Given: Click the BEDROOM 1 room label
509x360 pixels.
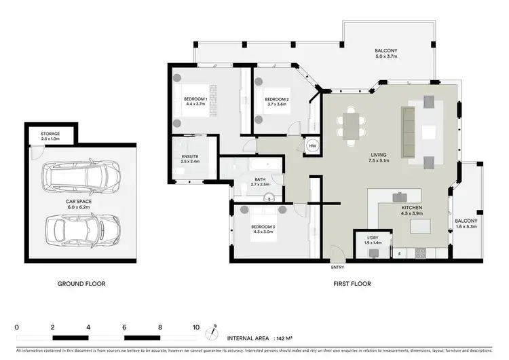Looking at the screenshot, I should [x=195, y=100].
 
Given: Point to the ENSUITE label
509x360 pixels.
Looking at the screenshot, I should [x=190, y=157].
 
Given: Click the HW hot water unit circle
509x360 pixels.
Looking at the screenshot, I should [x=313, y=145].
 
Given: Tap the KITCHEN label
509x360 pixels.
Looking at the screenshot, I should [x=412, y=207].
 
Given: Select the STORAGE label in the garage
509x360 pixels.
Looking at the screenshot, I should [x=50, y=134].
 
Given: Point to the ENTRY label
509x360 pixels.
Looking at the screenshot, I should [x=337, y=267].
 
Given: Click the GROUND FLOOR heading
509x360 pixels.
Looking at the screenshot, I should [x=81, y=283].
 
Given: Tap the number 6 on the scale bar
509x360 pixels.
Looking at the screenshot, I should [x=124, y=327].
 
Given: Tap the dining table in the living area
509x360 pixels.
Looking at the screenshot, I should [x=350, y=126].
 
